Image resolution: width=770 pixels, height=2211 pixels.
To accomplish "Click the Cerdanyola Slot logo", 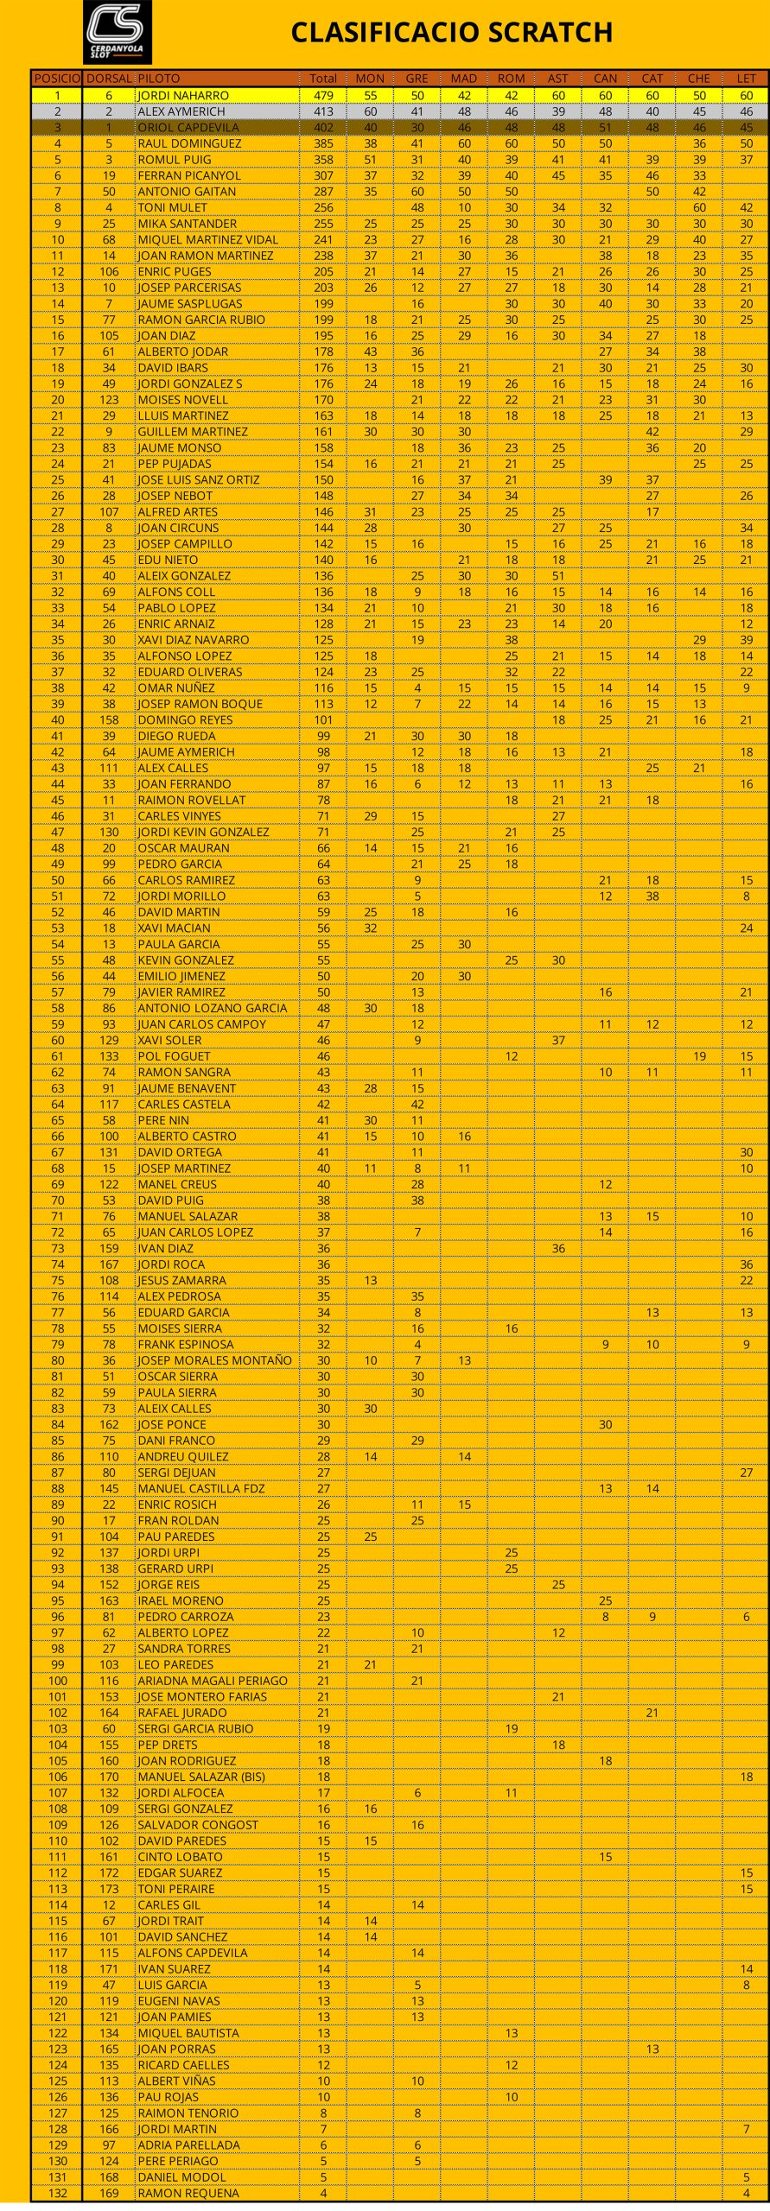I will point(117,32).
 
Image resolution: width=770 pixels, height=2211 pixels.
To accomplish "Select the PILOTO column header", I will point(159,79).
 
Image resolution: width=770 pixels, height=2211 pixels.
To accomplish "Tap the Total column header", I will point(323,79).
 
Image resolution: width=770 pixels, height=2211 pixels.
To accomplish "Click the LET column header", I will point(746,79).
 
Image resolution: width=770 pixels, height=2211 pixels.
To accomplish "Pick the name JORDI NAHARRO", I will point(183,95).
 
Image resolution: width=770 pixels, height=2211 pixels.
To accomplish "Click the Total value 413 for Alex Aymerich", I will point(323,111).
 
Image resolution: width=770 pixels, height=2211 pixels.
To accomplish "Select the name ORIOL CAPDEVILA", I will point(188,127).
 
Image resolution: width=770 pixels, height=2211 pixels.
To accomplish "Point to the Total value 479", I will point(323,95).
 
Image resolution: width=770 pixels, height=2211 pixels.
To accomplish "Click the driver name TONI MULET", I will point(173,207).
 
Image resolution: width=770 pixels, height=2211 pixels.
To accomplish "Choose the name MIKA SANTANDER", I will point(188,224).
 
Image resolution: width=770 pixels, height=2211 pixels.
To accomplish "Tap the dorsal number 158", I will point(109,719).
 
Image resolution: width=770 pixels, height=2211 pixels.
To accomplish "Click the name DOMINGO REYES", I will point(185,719).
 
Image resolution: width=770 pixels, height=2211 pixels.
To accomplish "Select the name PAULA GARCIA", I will point(179,944).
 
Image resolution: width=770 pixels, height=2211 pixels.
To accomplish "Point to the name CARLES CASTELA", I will point(184,1104).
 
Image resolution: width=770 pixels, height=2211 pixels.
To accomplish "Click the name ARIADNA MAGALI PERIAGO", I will point(213,1681).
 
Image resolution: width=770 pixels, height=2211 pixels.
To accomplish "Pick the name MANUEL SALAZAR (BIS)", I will point(201,1777).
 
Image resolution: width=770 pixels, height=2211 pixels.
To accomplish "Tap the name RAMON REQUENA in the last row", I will point(188,2193).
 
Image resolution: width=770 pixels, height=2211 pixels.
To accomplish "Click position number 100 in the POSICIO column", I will point(57,1681).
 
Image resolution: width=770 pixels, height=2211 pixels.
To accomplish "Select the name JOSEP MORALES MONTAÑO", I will point(214,1360).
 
